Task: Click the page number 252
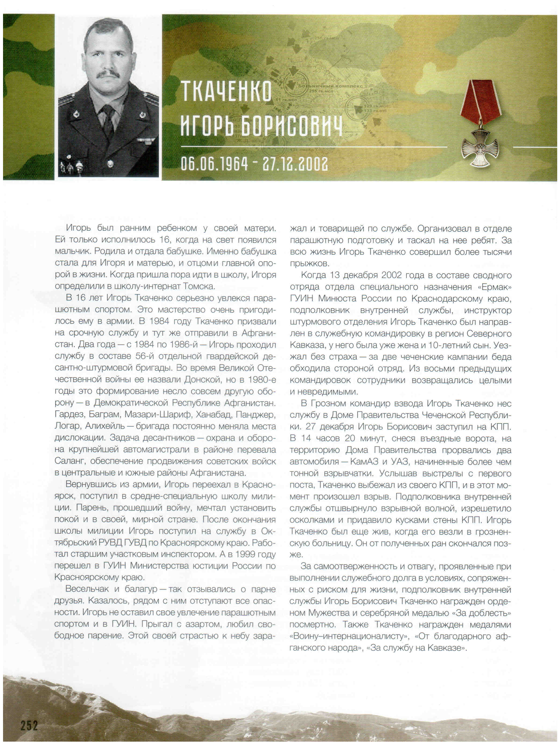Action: coord(29,725)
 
